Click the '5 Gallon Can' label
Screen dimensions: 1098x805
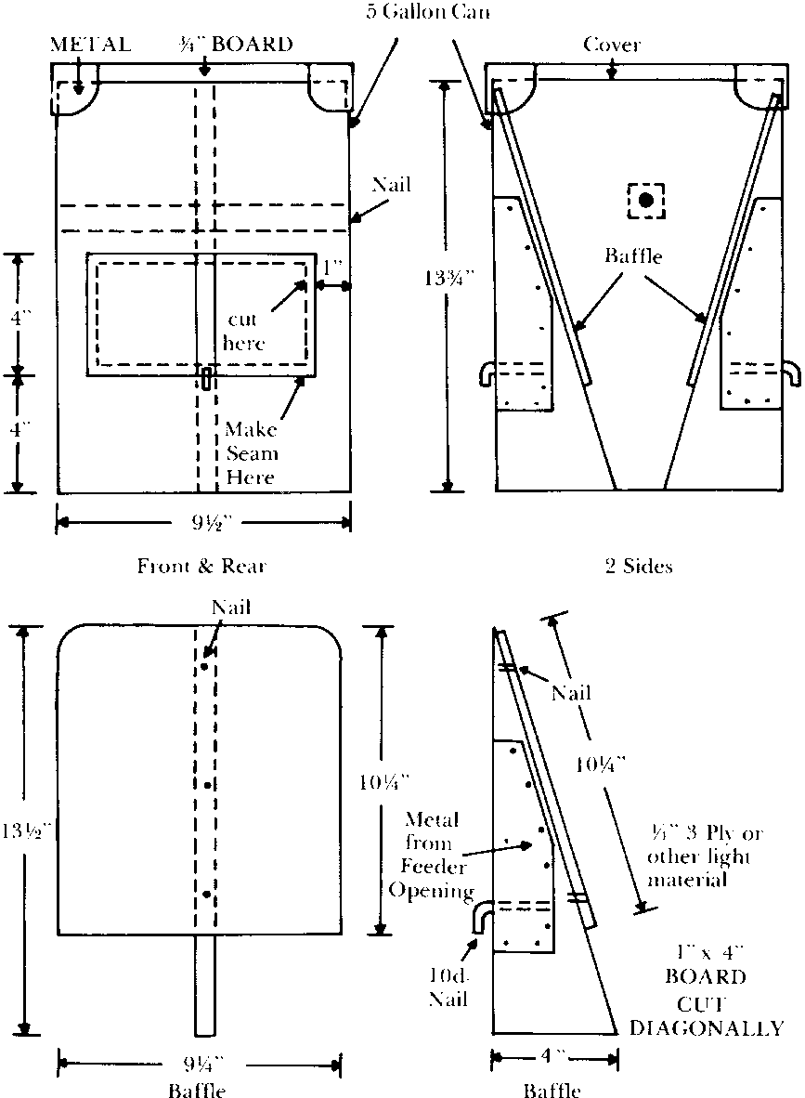pyautogui.click(x=428, y=13)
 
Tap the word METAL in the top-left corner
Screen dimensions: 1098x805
pyautogui.click(x=91, y=44)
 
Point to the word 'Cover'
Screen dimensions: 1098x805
pyautogui.click(x=612, y=45)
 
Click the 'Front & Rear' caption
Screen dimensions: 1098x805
pyautogui.click(x=203, y=565)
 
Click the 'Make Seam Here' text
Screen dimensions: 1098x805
pyautogui.click(x=251, y=454)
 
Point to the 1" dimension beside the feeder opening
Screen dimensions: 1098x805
pyautogui.click(x=331, y=266)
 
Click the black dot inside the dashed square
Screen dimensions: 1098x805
pyautogui.click(x=646, y=200)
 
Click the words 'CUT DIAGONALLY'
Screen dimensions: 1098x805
pyautogui.click(x=706, y=1016)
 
